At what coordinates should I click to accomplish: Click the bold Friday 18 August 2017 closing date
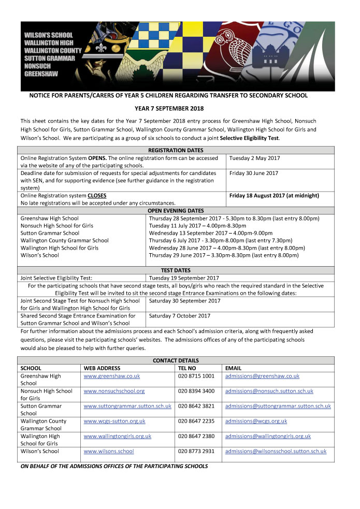pos(273,196)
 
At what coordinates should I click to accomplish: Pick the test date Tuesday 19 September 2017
pos(184,278)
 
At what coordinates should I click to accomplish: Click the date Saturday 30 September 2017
pos(184,300)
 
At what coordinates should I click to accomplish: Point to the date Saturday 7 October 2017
pos(180,315)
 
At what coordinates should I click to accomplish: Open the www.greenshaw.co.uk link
pos(112,376)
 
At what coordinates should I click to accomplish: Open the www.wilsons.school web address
pos(109,452)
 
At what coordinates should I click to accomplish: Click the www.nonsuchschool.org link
pos(114,391)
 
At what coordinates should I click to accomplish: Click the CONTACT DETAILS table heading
pos(176,361)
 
